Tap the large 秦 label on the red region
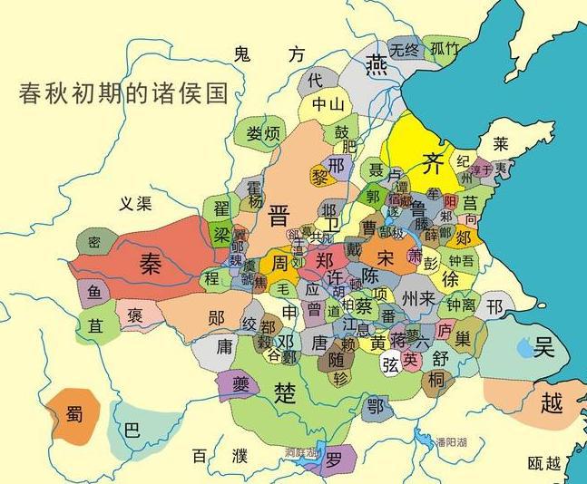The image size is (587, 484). (150, 263)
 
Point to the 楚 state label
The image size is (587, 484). (281, 392)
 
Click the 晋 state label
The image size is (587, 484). (279, 215)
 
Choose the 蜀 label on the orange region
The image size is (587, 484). (74, 416)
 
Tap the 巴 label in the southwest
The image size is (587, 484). (132, 431)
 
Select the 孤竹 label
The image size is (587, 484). (445, 49)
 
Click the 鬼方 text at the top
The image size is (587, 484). (269, 54)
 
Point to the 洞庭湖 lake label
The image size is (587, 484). (299, 451)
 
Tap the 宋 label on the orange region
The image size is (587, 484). (386, 257)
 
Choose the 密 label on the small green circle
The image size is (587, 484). (93, 242)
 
